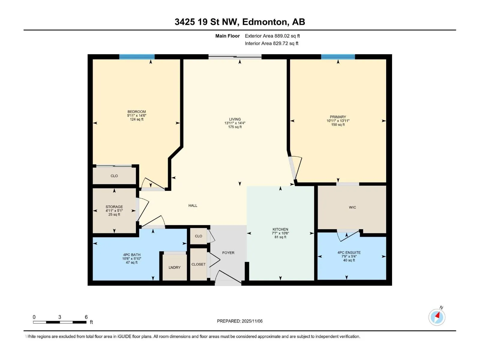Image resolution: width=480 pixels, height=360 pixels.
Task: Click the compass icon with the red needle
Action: (x=437, y=317)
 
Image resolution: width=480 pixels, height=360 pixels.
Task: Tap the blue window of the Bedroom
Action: (x=137, y=57)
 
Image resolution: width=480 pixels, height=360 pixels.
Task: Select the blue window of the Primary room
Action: (x=338, y=57)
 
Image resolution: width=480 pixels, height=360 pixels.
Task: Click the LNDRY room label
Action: (x=175, y=268)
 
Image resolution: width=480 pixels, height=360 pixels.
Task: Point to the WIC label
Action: (x=352, y=207)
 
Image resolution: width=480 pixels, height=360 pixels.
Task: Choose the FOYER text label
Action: (x=228, y=253)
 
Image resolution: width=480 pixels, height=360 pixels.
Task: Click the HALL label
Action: (x=193, y=205)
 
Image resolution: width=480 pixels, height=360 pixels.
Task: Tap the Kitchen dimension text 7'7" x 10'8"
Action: (x=280, y=233)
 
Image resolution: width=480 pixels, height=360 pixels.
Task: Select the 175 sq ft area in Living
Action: (x=235, y=127)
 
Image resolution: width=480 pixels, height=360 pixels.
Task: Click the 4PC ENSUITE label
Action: (x=349, y=253)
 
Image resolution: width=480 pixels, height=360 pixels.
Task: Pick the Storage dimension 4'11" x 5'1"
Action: (x=114, y=211)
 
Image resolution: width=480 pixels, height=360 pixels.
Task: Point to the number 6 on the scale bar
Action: (x=86, y=317)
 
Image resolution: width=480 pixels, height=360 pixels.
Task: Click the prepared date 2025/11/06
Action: (x=252, y=321)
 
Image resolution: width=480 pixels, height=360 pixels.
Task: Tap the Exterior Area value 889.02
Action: (x=282, y=36)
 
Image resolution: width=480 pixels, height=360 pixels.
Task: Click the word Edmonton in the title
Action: (x=264, y=22)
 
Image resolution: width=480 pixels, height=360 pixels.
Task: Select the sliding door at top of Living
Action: (x=235, y=57)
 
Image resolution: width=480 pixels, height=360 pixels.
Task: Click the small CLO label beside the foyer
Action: (x=199, y=236)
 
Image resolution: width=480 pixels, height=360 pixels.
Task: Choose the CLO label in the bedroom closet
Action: (x=114, y=176)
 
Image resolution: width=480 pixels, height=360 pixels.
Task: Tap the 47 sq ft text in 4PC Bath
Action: (x=132, y=262)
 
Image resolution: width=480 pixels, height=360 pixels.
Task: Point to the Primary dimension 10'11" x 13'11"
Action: (x=338, y=121)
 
